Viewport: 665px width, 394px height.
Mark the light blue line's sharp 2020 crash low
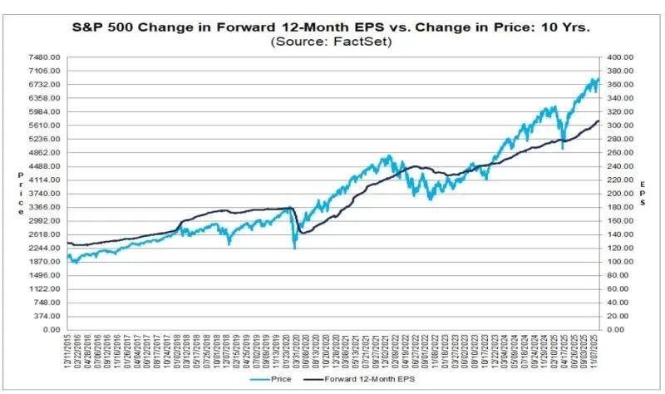294,248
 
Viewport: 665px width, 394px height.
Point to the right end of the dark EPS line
599,121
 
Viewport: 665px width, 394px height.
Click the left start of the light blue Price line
68,255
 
